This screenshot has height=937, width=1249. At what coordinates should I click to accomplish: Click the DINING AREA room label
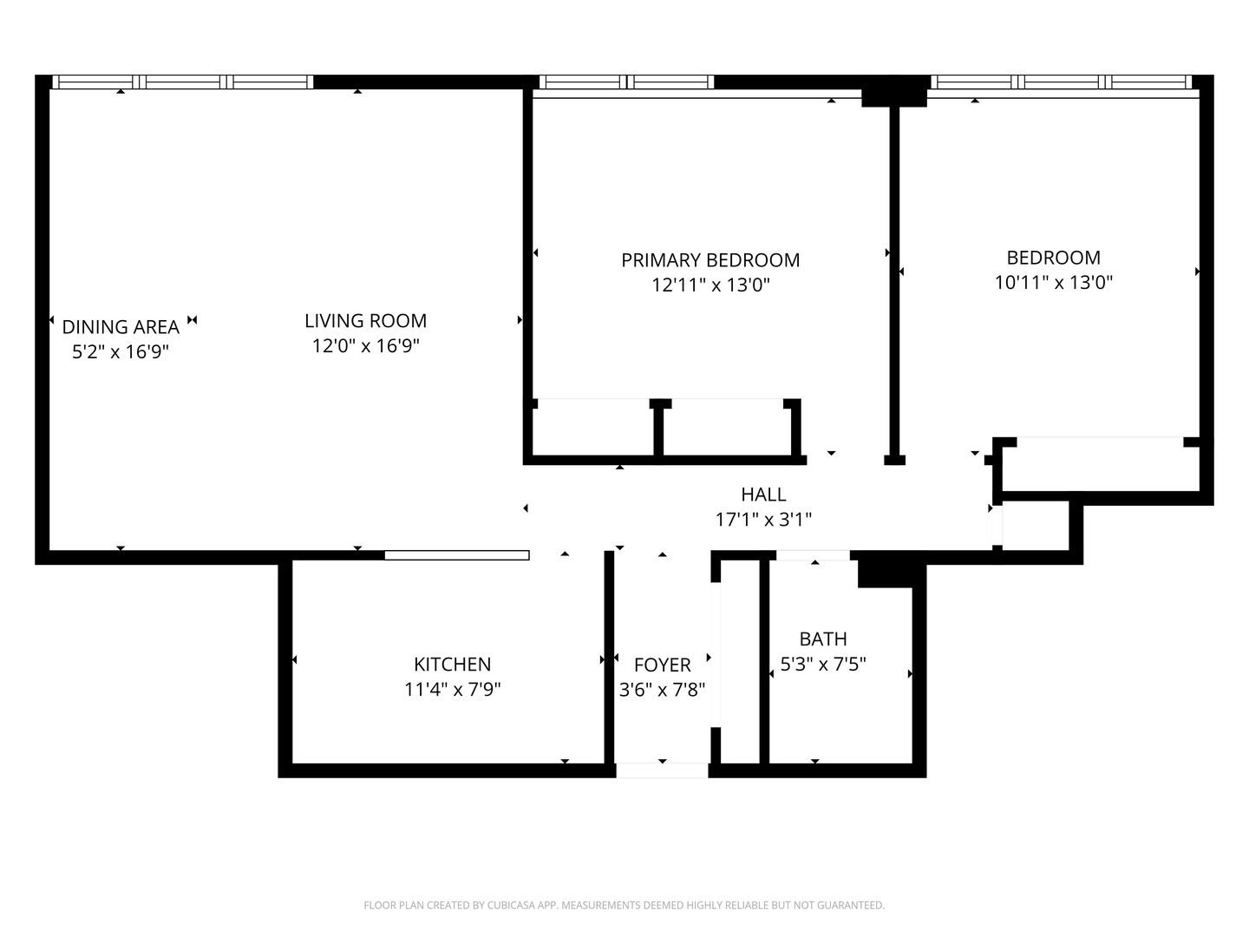[121, 327]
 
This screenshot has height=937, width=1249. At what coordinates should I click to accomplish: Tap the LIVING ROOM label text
[365, 321]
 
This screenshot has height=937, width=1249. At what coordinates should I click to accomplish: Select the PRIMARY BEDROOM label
[710, 260]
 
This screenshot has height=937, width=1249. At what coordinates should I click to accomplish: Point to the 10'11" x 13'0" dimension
[1053, 282]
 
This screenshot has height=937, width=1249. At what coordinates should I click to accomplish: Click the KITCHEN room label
[452, 665]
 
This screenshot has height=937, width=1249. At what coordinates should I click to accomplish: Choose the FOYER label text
[662, 665]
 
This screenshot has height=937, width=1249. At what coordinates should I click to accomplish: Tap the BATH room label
[822, 639]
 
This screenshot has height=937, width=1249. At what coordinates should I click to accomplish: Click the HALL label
[763, 495]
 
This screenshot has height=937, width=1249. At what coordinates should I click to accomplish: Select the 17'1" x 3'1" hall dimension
[763, 520]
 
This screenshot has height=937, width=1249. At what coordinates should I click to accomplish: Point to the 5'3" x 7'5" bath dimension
[822, 665]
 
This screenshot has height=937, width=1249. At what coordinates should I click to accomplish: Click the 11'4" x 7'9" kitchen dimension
[452, 690]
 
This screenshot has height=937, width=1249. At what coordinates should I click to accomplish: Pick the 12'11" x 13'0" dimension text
[710, 285]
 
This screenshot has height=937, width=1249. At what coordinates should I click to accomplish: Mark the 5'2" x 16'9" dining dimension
[121, 352]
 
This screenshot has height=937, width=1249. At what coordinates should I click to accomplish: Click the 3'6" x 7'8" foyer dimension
[662, 691]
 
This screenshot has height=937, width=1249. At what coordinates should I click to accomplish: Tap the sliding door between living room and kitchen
[456, 555]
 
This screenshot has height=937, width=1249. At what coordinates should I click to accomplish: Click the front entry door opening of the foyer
[662, 770]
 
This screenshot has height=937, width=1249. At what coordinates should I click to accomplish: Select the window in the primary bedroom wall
[626, 82]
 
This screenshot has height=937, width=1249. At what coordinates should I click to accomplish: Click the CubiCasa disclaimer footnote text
[624, 906]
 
